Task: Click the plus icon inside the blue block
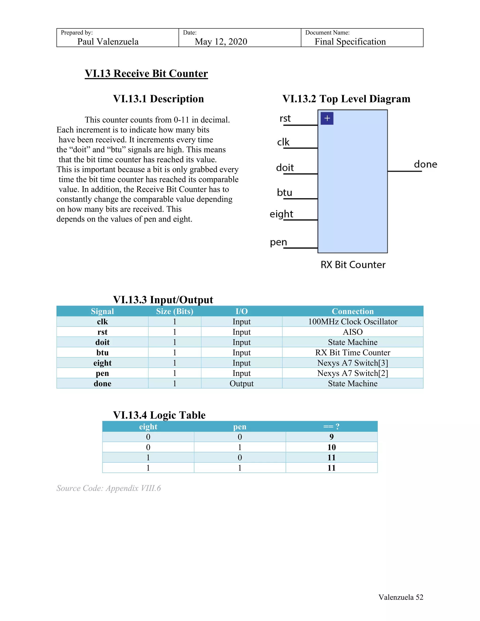coord(327,118)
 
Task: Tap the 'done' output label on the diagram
coord(425,164)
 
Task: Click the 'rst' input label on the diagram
coord(285,118)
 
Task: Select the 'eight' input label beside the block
coord(281,214)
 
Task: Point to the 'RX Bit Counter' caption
coord(353,265)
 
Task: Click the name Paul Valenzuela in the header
coord(108,42)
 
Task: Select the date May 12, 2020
coord(221,42)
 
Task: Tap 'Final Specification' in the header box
coord(350,42)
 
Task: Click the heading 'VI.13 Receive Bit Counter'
coord(146,74)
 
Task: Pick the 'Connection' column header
coord(352,311)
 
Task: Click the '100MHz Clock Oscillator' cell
coord(352,322)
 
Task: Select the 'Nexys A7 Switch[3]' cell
coord(352,363)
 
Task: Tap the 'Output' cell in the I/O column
coord(241,384)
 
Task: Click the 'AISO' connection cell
coord(352,332)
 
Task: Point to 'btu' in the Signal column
coord(102,353)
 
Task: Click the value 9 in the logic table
coord(331,437)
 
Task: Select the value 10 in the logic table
coord(331,447)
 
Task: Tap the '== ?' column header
coord(331,426)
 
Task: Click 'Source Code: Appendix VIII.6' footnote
coord(109,488)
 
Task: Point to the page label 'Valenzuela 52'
coord(401,597)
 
